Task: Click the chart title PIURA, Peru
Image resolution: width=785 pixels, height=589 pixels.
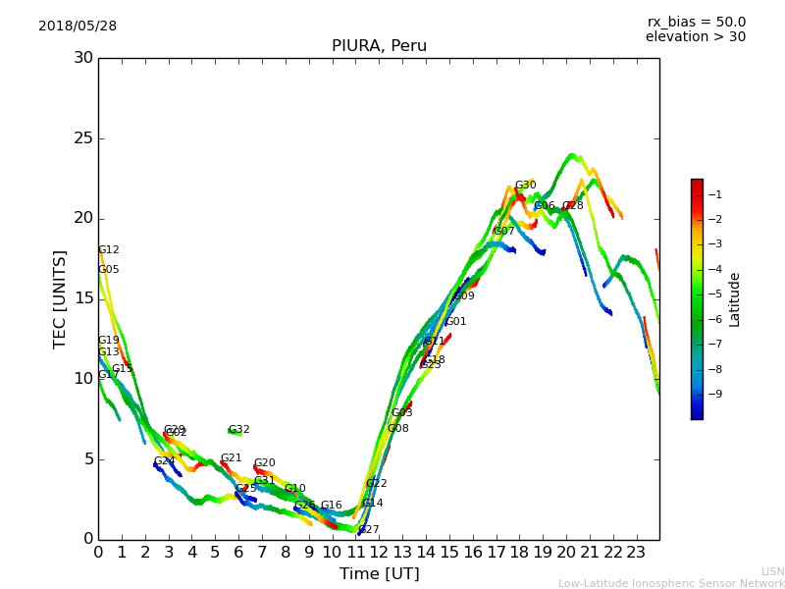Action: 379,46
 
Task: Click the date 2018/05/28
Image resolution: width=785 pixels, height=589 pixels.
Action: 78,27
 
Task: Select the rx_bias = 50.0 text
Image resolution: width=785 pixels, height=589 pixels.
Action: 696,23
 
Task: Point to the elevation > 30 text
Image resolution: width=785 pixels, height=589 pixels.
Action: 695,37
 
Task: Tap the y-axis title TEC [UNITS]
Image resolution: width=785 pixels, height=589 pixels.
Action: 60,298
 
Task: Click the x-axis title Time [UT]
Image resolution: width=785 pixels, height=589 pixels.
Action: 379,574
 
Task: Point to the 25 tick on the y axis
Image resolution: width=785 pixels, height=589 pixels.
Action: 84,138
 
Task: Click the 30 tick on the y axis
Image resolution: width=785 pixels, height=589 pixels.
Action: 84,58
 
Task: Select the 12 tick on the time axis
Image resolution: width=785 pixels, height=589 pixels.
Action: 379,553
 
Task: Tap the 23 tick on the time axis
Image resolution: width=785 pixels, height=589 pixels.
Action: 636,553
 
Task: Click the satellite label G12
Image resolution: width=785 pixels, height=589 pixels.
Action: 109,250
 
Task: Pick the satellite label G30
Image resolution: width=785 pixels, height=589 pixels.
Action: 525,186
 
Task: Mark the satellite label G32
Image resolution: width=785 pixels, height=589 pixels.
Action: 238,430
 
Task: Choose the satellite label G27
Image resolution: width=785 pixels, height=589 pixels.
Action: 368,530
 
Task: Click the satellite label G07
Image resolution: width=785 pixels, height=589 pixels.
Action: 503,232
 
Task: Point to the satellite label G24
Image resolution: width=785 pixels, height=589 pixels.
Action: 164,461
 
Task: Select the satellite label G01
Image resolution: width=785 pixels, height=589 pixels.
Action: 455,322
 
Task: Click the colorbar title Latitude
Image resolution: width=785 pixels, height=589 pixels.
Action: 735,299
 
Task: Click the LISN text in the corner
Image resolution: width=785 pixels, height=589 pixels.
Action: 772,571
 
